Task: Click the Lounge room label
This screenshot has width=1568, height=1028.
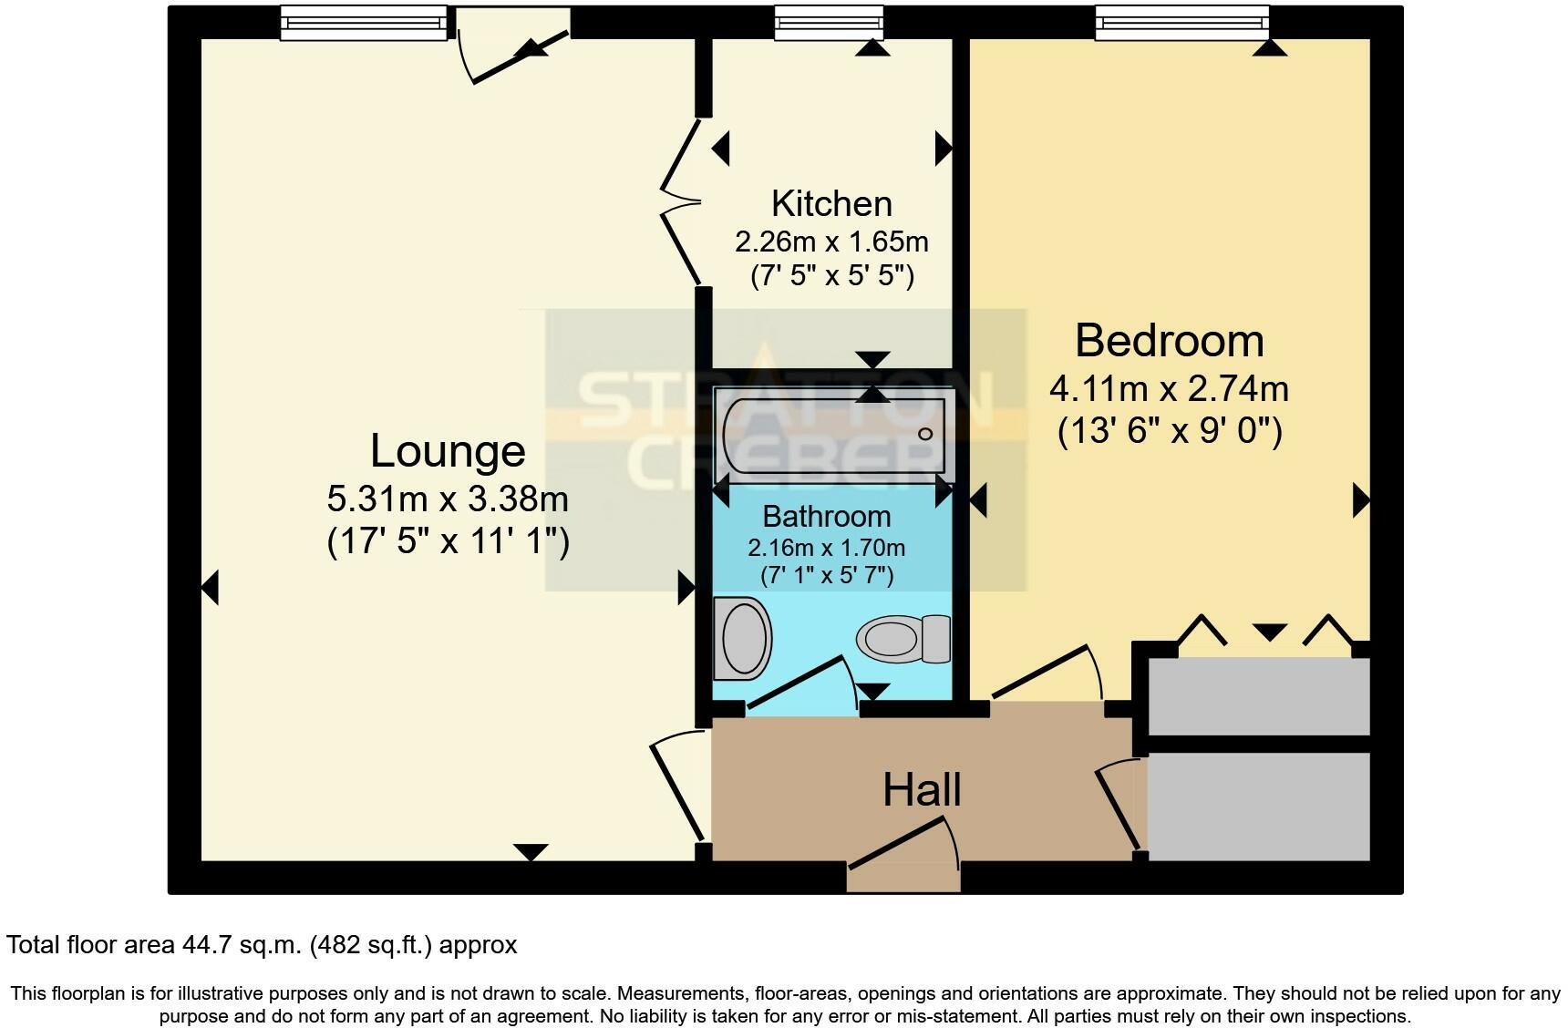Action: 448,451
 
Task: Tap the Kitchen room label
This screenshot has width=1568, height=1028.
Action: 831,203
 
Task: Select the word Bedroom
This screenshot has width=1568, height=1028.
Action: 1169,341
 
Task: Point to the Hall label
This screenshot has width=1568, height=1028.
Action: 922,790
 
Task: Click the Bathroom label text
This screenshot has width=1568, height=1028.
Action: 826,517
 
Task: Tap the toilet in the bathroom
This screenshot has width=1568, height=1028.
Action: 903,638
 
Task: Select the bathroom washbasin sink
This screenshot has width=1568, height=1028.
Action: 742,638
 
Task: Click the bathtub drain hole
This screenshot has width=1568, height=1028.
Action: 925,434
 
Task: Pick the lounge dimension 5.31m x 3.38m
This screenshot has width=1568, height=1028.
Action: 448,499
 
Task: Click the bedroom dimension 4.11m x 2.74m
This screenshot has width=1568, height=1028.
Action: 1169,390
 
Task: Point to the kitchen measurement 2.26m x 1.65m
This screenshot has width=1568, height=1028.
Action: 831,242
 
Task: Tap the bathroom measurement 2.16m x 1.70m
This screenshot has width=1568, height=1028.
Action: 826,549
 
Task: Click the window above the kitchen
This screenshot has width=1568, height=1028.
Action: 829,23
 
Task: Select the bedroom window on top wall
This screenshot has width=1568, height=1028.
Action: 1181,23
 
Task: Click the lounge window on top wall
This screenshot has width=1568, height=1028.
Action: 363,23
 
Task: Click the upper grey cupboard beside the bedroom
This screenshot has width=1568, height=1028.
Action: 1258,696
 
